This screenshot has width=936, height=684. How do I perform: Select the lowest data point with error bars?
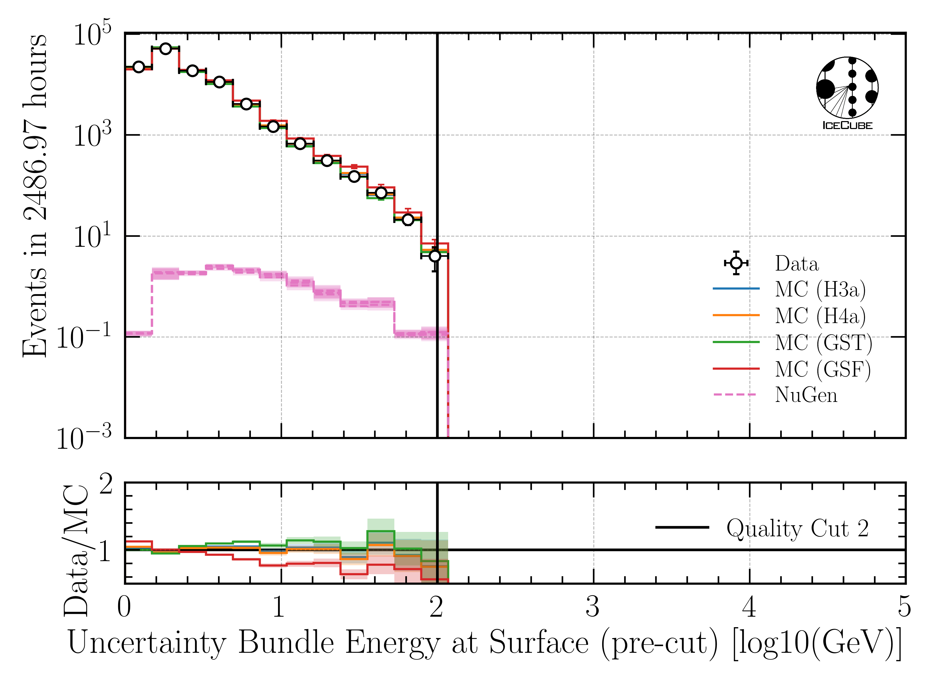coord(435,256)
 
